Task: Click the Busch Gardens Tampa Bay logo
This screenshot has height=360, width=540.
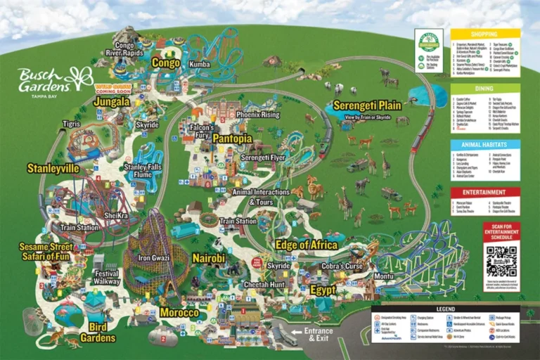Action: pos(55,79)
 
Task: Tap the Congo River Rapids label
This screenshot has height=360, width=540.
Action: pos(124,49)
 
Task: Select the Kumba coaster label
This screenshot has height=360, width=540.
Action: pos(200,64)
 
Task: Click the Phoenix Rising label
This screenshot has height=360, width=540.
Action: pos(257,115)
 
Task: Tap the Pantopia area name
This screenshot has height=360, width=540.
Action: pos(232,139)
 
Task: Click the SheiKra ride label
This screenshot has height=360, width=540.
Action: pos(115,215)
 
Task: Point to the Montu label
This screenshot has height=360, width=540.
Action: pos(383,277)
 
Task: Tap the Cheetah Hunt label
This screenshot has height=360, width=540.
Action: pos(264,285)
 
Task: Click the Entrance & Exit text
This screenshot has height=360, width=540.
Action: pos(317,335)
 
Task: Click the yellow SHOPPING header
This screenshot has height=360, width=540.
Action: pos(485,33)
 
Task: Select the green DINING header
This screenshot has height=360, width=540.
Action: pos(485,89)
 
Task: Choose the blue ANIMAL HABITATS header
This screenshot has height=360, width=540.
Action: pos(485,144)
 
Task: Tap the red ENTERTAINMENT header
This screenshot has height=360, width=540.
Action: pos(485,192)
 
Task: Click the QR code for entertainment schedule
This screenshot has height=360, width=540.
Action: pos(501,261)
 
